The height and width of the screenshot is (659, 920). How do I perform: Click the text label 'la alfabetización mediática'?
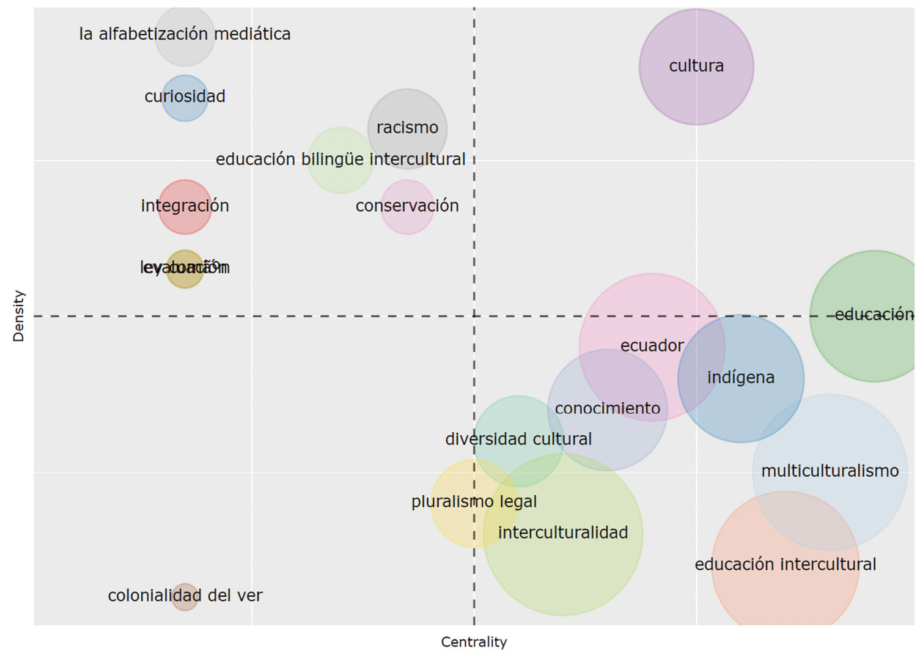(x=185, y=34)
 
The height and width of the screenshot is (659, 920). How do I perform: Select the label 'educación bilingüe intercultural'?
(x=340, y=160)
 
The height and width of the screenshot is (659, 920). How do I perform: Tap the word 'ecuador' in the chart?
(x=652, y=346)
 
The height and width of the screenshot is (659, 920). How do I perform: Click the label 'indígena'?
(x=740, y=378)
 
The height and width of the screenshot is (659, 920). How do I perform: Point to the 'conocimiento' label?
(x=607, y=408)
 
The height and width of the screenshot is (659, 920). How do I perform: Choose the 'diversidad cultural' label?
(x=518, y=440)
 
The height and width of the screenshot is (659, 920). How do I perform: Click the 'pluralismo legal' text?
(x=474, y=502)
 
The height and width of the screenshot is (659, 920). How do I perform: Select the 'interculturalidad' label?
(x=562, y=533)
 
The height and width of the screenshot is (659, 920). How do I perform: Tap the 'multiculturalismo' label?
(x=830, y=471)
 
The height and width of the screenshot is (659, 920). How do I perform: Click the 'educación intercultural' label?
(x=785, y=564)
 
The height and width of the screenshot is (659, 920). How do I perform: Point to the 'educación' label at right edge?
(x=874, y=315)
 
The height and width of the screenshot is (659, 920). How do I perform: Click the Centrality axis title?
(x=474, y=642)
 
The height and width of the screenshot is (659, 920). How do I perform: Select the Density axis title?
(x=19, y=316)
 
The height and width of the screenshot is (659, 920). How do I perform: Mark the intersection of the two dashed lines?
(x=474, y=316)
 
